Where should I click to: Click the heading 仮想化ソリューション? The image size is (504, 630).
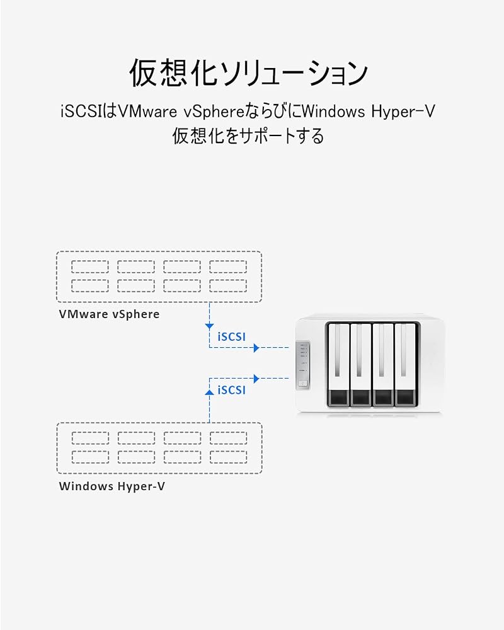248,74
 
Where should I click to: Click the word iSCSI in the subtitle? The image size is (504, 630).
80,112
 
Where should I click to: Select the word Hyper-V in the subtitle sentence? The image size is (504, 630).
403,112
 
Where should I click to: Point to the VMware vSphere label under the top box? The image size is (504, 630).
110,314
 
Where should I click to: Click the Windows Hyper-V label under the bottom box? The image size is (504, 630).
112,486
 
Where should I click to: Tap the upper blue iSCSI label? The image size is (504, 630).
231,336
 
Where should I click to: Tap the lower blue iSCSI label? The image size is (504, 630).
231,390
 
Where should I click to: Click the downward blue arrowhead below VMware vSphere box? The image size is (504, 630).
209,326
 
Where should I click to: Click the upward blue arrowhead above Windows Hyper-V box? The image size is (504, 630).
209,392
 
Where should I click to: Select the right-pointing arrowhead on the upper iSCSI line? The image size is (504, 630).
256,348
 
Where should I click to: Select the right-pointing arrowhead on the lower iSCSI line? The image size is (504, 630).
256,379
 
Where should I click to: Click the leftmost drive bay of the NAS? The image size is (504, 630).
338,364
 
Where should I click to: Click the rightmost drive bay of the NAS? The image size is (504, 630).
406,364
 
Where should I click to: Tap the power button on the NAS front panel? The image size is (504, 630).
304,384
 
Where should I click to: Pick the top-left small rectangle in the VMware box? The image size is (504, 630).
90,266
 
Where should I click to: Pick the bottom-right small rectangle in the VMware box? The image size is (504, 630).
228,285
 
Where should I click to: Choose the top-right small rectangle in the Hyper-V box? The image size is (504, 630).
228,438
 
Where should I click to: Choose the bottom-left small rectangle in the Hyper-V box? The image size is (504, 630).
91,457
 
